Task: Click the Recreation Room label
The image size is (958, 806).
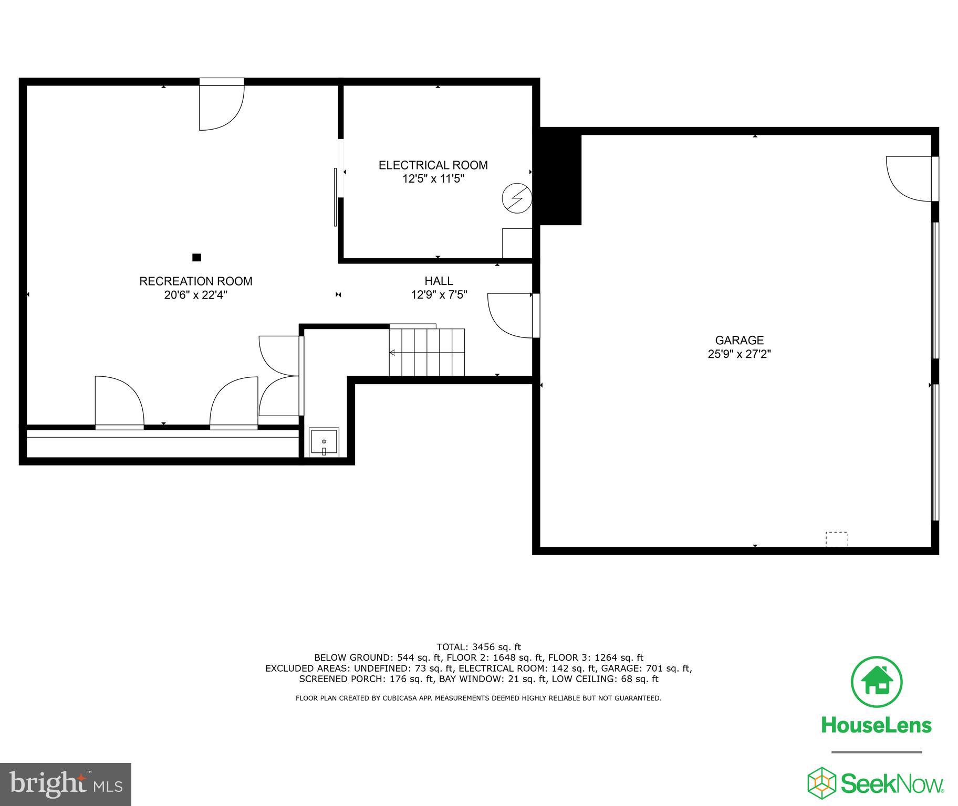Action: pos(195,281)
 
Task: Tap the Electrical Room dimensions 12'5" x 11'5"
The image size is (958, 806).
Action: pos(433,179)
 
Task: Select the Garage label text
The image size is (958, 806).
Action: pos(739,340)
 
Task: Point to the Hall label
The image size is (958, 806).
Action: pos(439,281)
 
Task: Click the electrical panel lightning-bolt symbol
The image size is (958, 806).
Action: pos(517,198)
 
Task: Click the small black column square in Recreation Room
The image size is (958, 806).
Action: pos(196,257)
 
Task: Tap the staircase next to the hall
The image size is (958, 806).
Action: pos(426,352)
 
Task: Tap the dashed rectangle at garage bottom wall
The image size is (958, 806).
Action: pos(836,539)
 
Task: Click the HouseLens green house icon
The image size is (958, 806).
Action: pos(876,682)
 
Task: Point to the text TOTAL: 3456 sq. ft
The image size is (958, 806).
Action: pos(478,647)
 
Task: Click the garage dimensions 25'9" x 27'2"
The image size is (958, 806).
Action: pos(739,354)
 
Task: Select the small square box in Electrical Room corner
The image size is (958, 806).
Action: pos(517,243)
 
